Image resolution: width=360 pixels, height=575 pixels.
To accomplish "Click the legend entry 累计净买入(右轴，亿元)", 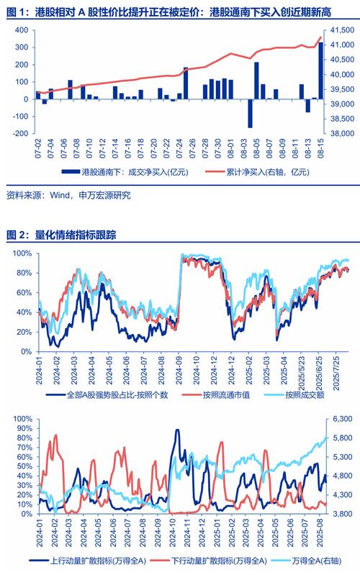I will click(266, 172).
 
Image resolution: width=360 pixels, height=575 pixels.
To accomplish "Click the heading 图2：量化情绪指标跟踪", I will click(72, 235).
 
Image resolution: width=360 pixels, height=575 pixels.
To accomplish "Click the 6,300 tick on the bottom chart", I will click(340, 418).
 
